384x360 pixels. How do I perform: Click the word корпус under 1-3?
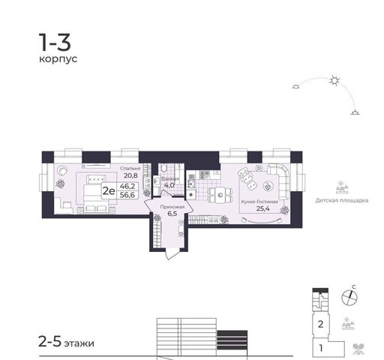click(58, 59)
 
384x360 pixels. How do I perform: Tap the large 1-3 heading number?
click(55, 43)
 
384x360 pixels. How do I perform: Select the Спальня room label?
click(130, 168)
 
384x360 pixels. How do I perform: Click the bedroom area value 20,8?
click(130, 175)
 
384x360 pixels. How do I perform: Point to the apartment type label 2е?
click(109, 191)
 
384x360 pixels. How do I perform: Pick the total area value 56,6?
click(127, 195)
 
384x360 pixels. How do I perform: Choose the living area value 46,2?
click(127, 186)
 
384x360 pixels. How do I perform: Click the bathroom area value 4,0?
click(169, 185)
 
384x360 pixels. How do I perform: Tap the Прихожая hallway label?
click(172, 207)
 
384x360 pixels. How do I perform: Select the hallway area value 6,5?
click(172, 213)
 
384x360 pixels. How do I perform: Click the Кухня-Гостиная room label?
click(259, 202)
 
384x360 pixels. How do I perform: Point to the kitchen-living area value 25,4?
click(263, 208)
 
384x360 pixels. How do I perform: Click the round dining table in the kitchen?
click(220, 195)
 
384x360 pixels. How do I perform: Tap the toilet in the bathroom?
click(164, 168)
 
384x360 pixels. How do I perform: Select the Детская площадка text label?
click(342, 200)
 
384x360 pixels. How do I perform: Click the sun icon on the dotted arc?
click(334, 81)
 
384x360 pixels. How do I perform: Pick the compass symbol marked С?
click(349, 298)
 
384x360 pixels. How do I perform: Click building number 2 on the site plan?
click(321, 325)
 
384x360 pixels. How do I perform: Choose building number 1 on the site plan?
click(321, 348)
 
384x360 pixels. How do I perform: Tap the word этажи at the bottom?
click(79, 343)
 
